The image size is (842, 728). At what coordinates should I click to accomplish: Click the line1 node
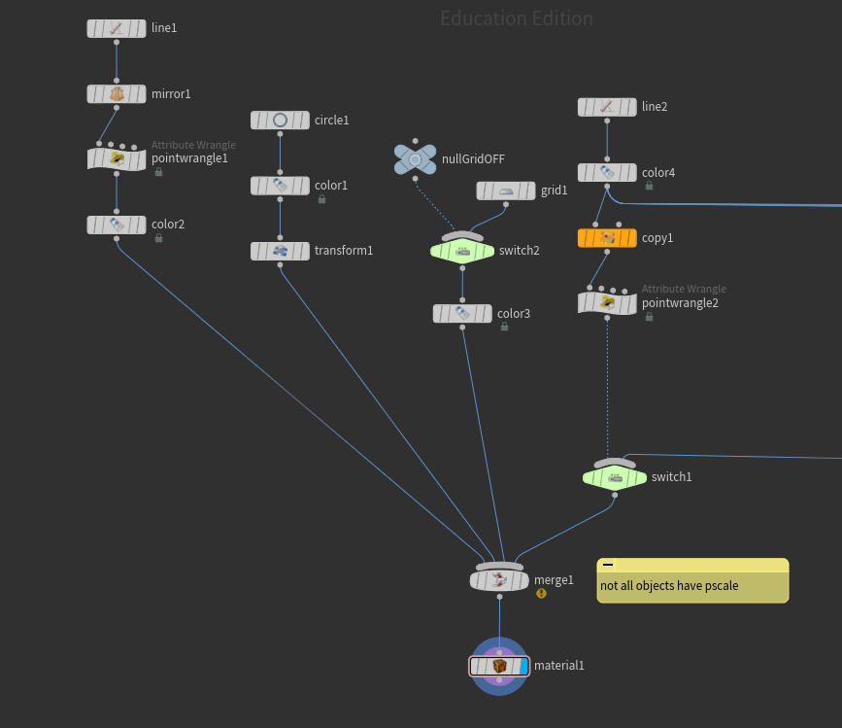(117, 29)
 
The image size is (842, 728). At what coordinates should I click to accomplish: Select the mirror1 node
(117, 94)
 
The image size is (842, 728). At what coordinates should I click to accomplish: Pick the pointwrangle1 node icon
(117, 158)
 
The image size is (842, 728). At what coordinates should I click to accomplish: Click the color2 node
(117, 225)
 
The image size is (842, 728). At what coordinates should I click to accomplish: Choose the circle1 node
(280, 121)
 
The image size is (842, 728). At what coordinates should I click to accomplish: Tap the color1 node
(280, 186)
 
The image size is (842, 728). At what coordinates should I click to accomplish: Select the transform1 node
(280, 251)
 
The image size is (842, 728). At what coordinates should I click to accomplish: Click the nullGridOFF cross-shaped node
(415, 159)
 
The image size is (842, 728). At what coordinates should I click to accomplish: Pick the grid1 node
(505, 191)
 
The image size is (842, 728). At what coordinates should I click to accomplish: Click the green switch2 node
(462, 251)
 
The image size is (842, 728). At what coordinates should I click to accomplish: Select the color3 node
(462, 314)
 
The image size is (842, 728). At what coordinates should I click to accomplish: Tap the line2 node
(607, 107)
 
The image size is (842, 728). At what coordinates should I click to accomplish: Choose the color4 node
(607, 173)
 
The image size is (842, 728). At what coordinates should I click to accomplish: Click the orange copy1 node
(607, 238)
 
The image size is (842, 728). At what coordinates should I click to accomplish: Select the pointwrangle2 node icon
(607, 302)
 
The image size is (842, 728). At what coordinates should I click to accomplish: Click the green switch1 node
(614, 477)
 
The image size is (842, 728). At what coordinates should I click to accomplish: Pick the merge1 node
(499, 580)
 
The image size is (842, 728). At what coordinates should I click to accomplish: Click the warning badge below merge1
(541, 593)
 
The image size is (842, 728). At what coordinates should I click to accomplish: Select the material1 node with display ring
(499, 666)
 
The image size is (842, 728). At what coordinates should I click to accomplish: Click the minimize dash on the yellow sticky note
(608, 565)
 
